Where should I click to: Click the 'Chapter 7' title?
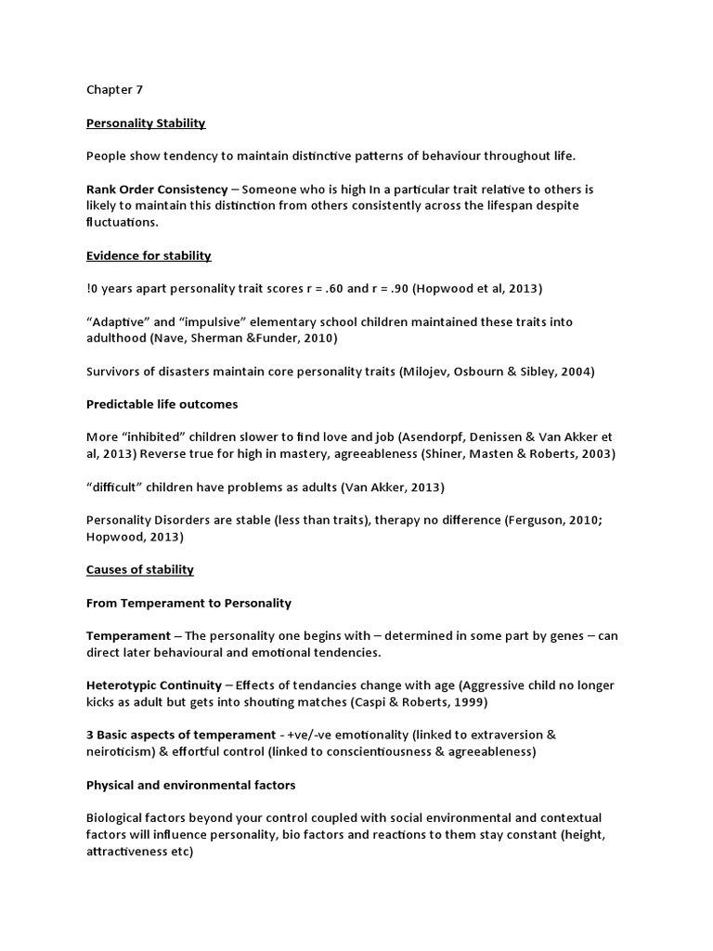(115, 90)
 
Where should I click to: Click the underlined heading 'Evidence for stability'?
(149, 255)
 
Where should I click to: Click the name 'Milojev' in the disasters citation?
(426, 371)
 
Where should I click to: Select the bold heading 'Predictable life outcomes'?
(162, 404)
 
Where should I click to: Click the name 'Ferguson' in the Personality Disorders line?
(539, 520)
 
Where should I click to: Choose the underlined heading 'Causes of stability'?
(140, 569)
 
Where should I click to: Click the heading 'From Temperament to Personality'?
(188, 603)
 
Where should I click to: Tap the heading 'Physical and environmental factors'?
(190, 785)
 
